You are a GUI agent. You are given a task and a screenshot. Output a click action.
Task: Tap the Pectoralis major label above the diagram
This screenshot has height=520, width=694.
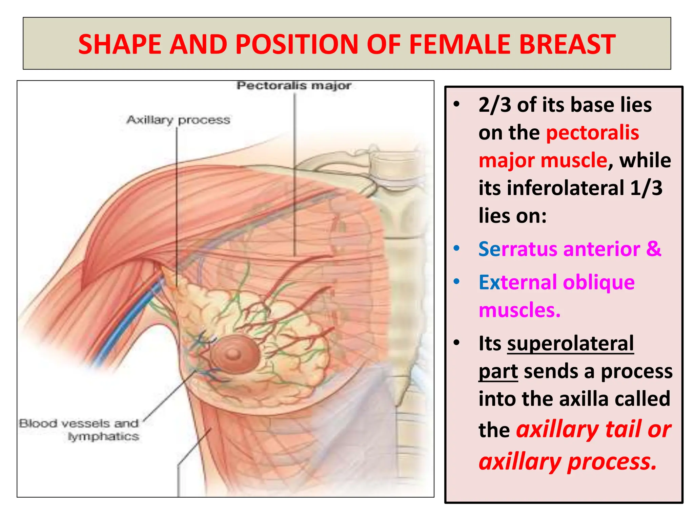pyautogui.click(x=293, y=85)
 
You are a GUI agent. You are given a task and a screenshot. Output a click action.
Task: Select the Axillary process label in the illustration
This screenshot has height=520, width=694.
pyautogui.click(x=178, y=120)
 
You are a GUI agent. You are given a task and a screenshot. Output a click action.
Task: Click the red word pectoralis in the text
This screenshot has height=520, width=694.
pyautogui.click(x=592, y=133)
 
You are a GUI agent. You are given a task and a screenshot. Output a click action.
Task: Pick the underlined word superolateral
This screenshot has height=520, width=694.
pyautogui.click(x=570, y=344)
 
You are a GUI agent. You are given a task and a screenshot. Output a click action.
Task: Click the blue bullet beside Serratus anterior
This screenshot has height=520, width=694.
pyautogui.click(x=456, y=248)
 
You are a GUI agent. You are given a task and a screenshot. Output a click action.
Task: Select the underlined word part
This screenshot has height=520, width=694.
pyautogui.click(x=498, y=371)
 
